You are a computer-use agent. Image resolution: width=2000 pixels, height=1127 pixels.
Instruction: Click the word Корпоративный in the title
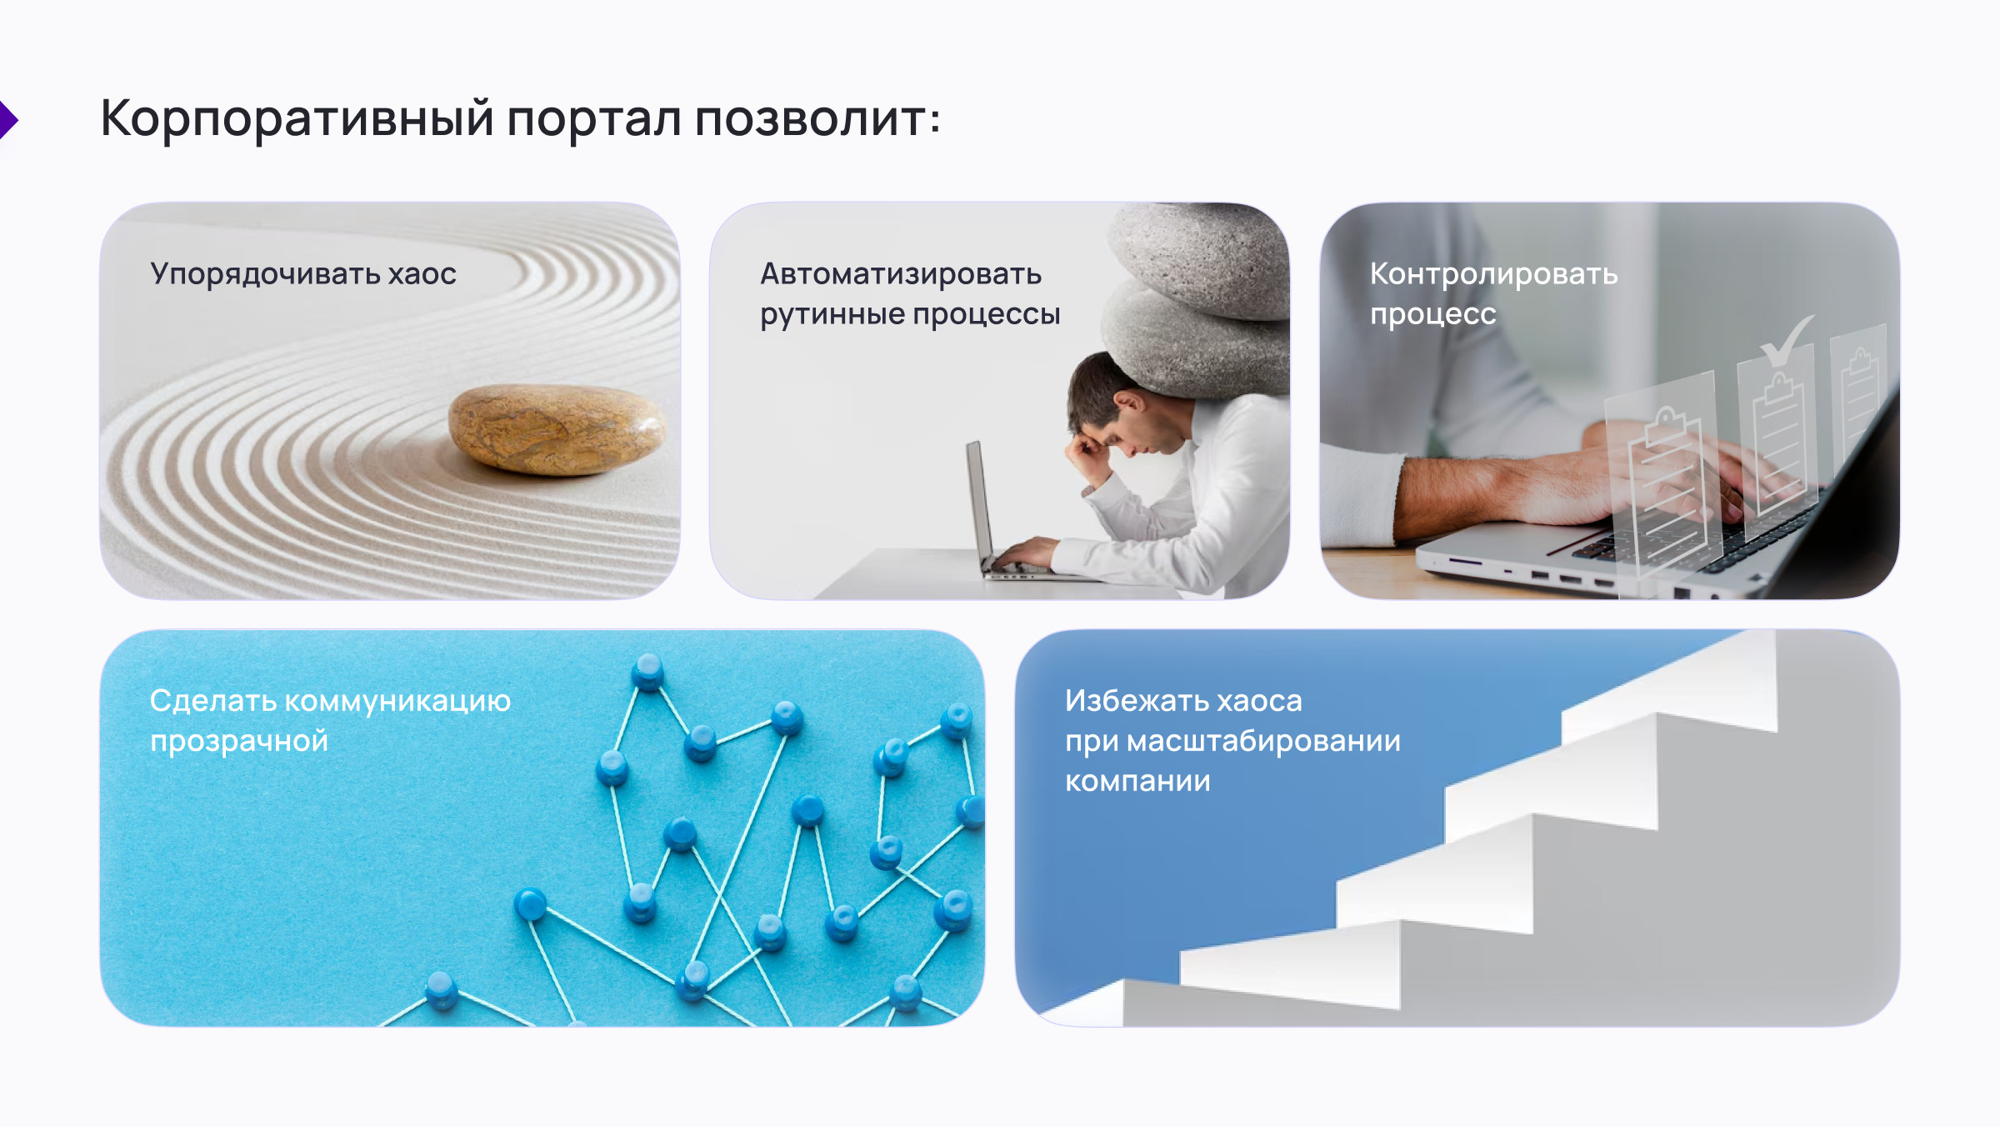[297, 118]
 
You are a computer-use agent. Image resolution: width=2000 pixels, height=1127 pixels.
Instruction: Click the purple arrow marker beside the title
[8, 120]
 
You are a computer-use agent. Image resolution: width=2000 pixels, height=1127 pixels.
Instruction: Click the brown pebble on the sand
[557, 428]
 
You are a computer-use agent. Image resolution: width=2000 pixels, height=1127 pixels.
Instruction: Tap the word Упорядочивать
[264, 274]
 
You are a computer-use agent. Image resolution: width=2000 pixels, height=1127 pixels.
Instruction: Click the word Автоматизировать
[901, 274]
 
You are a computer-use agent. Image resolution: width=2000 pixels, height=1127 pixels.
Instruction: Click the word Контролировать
[1493, 274]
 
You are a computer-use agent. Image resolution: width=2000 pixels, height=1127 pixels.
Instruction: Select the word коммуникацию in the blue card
[397, 702]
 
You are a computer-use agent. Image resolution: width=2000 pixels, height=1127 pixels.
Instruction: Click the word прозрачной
[239, 742]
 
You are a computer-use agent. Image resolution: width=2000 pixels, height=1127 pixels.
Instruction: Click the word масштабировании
[1263, 742]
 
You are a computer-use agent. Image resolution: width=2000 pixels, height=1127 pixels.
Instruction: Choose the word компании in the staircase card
[1137, 782]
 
